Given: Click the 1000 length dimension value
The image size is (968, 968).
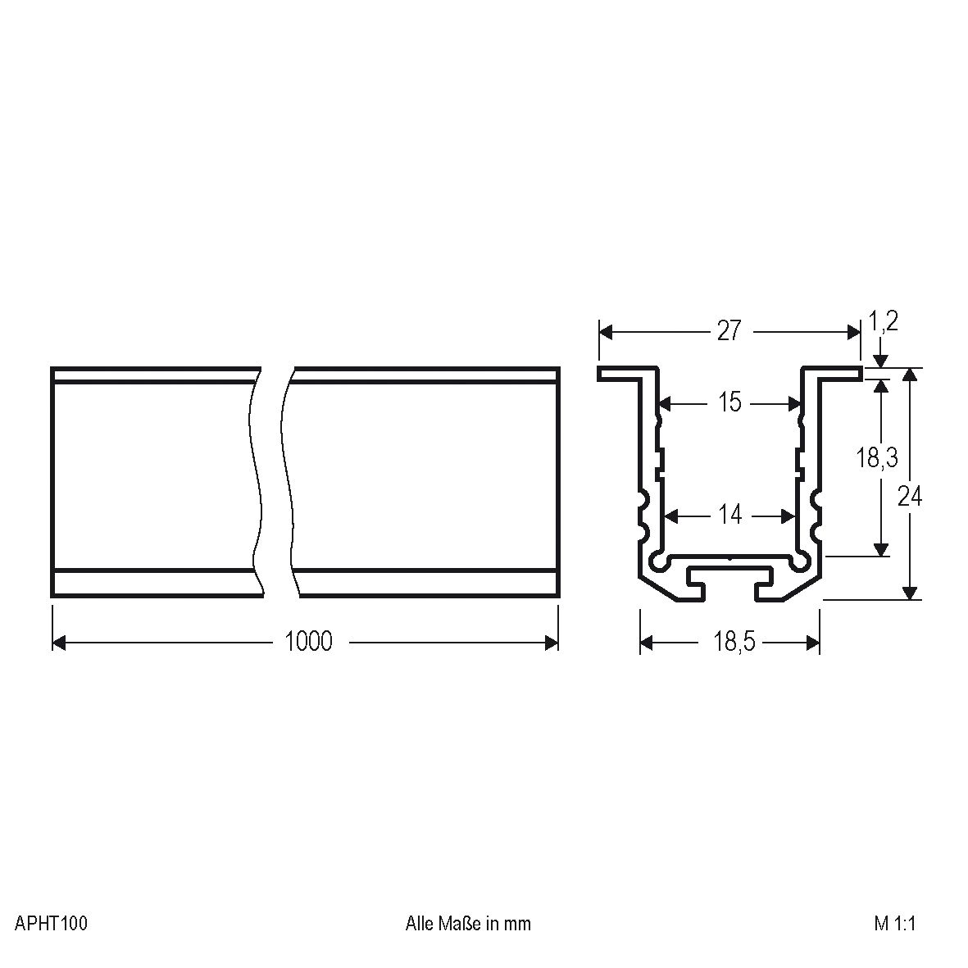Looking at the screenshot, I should pos(308,641).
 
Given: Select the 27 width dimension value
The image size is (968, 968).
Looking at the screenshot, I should pos(729,331).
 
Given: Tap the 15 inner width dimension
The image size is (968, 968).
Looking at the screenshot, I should pos(729,402).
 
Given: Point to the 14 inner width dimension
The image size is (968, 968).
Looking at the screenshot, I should pos(729,515).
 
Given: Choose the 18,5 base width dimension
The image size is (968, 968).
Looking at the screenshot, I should pos(733,642).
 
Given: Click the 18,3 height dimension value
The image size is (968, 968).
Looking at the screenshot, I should pos(877,457).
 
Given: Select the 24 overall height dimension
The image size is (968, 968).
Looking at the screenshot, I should pos(909,496).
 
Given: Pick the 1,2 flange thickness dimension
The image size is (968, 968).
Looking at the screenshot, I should pos(884,321).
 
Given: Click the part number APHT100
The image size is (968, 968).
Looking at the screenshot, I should pos(51,924).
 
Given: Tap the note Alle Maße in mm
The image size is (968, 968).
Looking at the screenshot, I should pos(468,924).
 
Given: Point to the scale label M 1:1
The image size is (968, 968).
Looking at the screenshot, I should pos(894,924).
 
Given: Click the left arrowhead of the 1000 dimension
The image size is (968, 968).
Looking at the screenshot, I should pos(58,643).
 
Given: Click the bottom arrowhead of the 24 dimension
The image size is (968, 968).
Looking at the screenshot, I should pos(909,593).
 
